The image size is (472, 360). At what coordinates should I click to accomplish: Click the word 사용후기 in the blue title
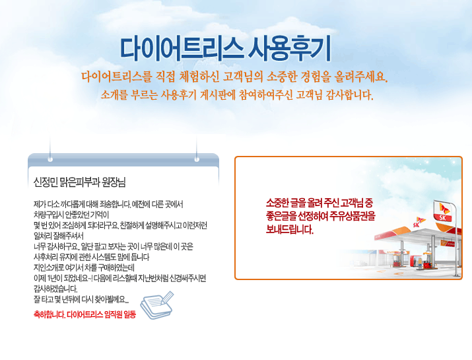290,48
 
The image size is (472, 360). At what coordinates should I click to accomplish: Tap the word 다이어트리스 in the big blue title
182,48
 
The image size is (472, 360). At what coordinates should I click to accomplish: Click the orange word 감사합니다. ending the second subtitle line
350,95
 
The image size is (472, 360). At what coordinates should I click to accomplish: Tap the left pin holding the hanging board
50,159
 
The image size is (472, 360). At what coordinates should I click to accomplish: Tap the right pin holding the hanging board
197,159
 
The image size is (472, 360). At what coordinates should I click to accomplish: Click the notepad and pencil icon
157,305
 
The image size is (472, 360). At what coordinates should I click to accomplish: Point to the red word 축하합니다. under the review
50,314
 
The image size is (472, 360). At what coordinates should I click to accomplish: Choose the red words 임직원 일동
120,314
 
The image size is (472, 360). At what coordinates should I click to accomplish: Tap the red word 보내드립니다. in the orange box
290,230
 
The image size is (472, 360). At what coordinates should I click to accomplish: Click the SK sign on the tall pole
443,211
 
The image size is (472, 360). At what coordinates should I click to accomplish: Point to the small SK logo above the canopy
419,222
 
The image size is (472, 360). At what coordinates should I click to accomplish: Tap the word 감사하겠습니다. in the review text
55,289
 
